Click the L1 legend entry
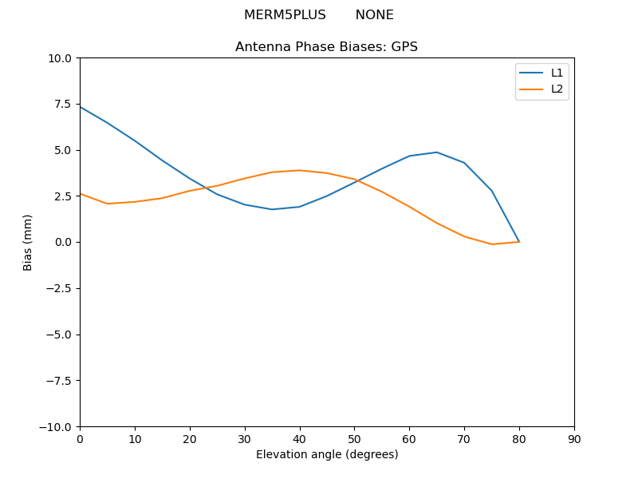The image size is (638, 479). pyautogui.click(x=557, y=73)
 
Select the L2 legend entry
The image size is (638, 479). pyautogui.click(x=557, y=89)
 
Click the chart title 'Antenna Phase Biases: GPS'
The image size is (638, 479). pyautogui.click(x=326, y=47)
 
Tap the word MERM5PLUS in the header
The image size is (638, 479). pyautogui.click(x=285, y=15)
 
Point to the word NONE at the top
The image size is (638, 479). pyautogui.click(x=374, y=15)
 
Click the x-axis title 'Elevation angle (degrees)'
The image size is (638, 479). pyautogui.click(x=327, y=455)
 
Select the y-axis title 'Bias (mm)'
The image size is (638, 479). pyautogui.click(x=28, y=242)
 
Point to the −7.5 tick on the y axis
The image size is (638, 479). pyautogui.click(x=58, y=380)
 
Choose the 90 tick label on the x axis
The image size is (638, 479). pyautogui.click(x=574, y=439)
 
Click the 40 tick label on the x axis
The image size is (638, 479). pyautogui.click(x=299, y=439)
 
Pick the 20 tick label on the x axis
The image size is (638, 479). pyautogui.click(x=190, y=439)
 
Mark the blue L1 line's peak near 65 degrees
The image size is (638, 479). pyautogui.click(x=437, y=152)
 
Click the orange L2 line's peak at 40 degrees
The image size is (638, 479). pyautogui.click(x=299, y=170)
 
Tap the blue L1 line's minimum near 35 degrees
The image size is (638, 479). pyautogui.click(x=272, y=209)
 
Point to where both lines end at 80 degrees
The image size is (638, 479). pyautogui.click(x=519, y=242)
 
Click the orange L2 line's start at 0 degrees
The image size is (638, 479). pyautogui.click(x=81, y=194)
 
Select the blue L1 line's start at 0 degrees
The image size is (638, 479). pyautogui.click(x=81, y=107)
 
